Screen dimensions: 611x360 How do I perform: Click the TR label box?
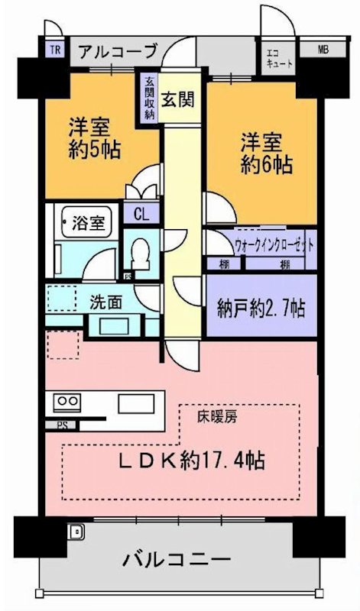point(56,50)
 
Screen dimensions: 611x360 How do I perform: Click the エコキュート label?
point(279,58)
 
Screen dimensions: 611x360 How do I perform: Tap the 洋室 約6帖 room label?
point(266,153)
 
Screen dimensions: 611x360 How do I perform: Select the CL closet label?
point(141,215)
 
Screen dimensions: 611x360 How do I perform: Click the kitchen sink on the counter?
point(136,402)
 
